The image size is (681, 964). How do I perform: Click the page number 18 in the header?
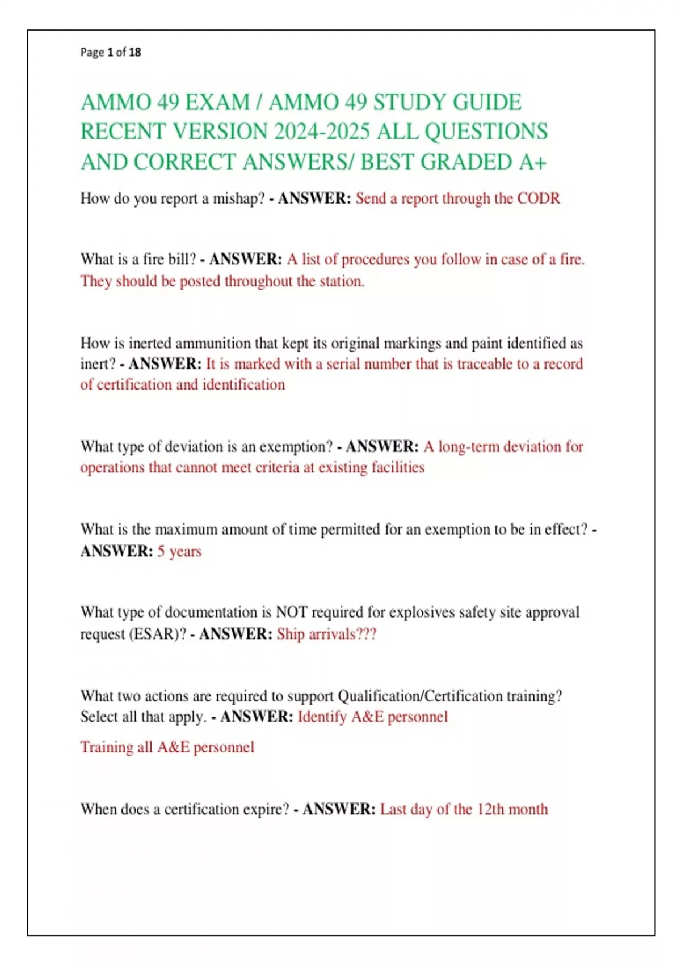click(135, 52)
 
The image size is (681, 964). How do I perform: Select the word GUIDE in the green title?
click(487, 103)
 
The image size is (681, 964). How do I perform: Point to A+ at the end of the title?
click(533, 162)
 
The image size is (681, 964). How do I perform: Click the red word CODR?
click(539, 198)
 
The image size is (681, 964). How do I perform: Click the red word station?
click(342, 281)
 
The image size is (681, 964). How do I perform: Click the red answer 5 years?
click(179, 551)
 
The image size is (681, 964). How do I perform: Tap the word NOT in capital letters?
click(291, 612)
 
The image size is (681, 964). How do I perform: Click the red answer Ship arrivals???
click(326, 634)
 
